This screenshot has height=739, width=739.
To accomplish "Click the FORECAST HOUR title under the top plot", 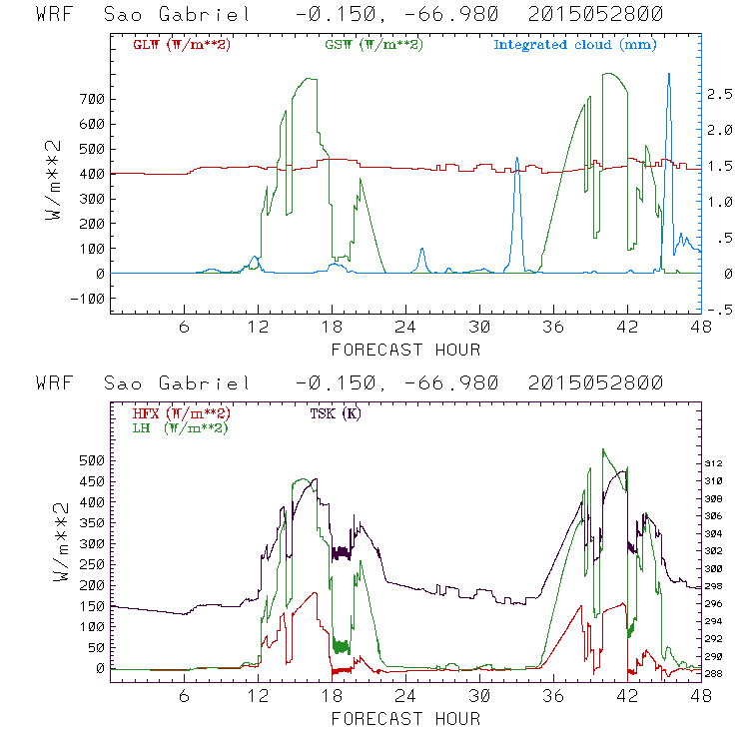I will (405, 350).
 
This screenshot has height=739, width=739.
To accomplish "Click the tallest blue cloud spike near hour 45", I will (668, 75).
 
